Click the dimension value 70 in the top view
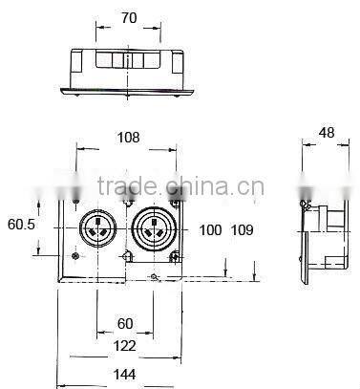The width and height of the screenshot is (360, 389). click(x=129, y=18)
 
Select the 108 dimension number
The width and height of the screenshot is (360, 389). click(x=129, y=138)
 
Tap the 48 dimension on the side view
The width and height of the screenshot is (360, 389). click(x=327, y=133)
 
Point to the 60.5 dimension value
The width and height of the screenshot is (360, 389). click(x=21, y=225)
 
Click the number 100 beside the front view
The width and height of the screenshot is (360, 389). click(x=210, y=230)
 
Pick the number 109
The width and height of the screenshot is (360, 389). click(x=242, y=230)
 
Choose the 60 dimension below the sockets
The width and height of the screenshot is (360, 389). click(x=125, y=324)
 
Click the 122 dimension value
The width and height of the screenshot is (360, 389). click(x=124, y=346)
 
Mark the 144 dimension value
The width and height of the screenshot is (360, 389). click(x=124, y=375)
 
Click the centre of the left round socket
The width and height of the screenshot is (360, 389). click(x=96, y=227)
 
